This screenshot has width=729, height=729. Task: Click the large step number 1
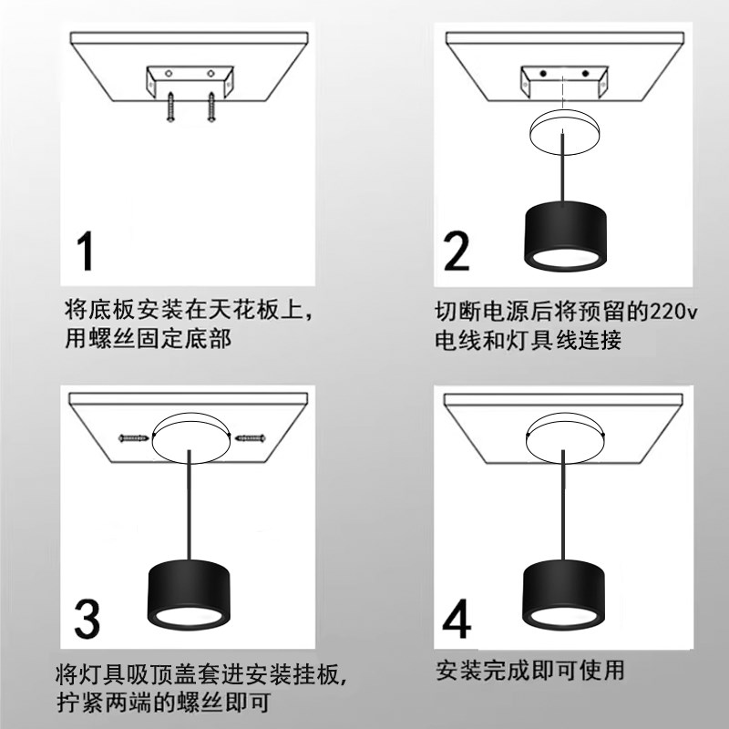(x=86, y=252)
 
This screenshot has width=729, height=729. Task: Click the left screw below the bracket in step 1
(x=170, y=108)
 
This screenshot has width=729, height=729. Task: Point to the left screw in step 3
(x=134, y=440)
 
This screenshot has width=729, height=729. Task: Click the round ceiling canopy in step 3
(x=191, y=436)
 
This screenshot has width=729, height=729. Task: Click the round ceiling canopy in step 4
(x=565, y=436)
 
